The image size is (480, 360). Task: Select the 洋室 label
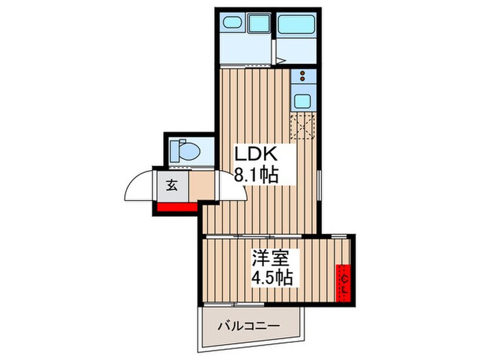pyautogui.click(x=267, y=259)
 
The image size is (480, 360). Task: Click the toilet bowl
pyautogui.click(x=190, y=151)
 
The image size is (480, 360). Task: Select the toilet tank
pyautogui.click(x=174, y=151)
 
